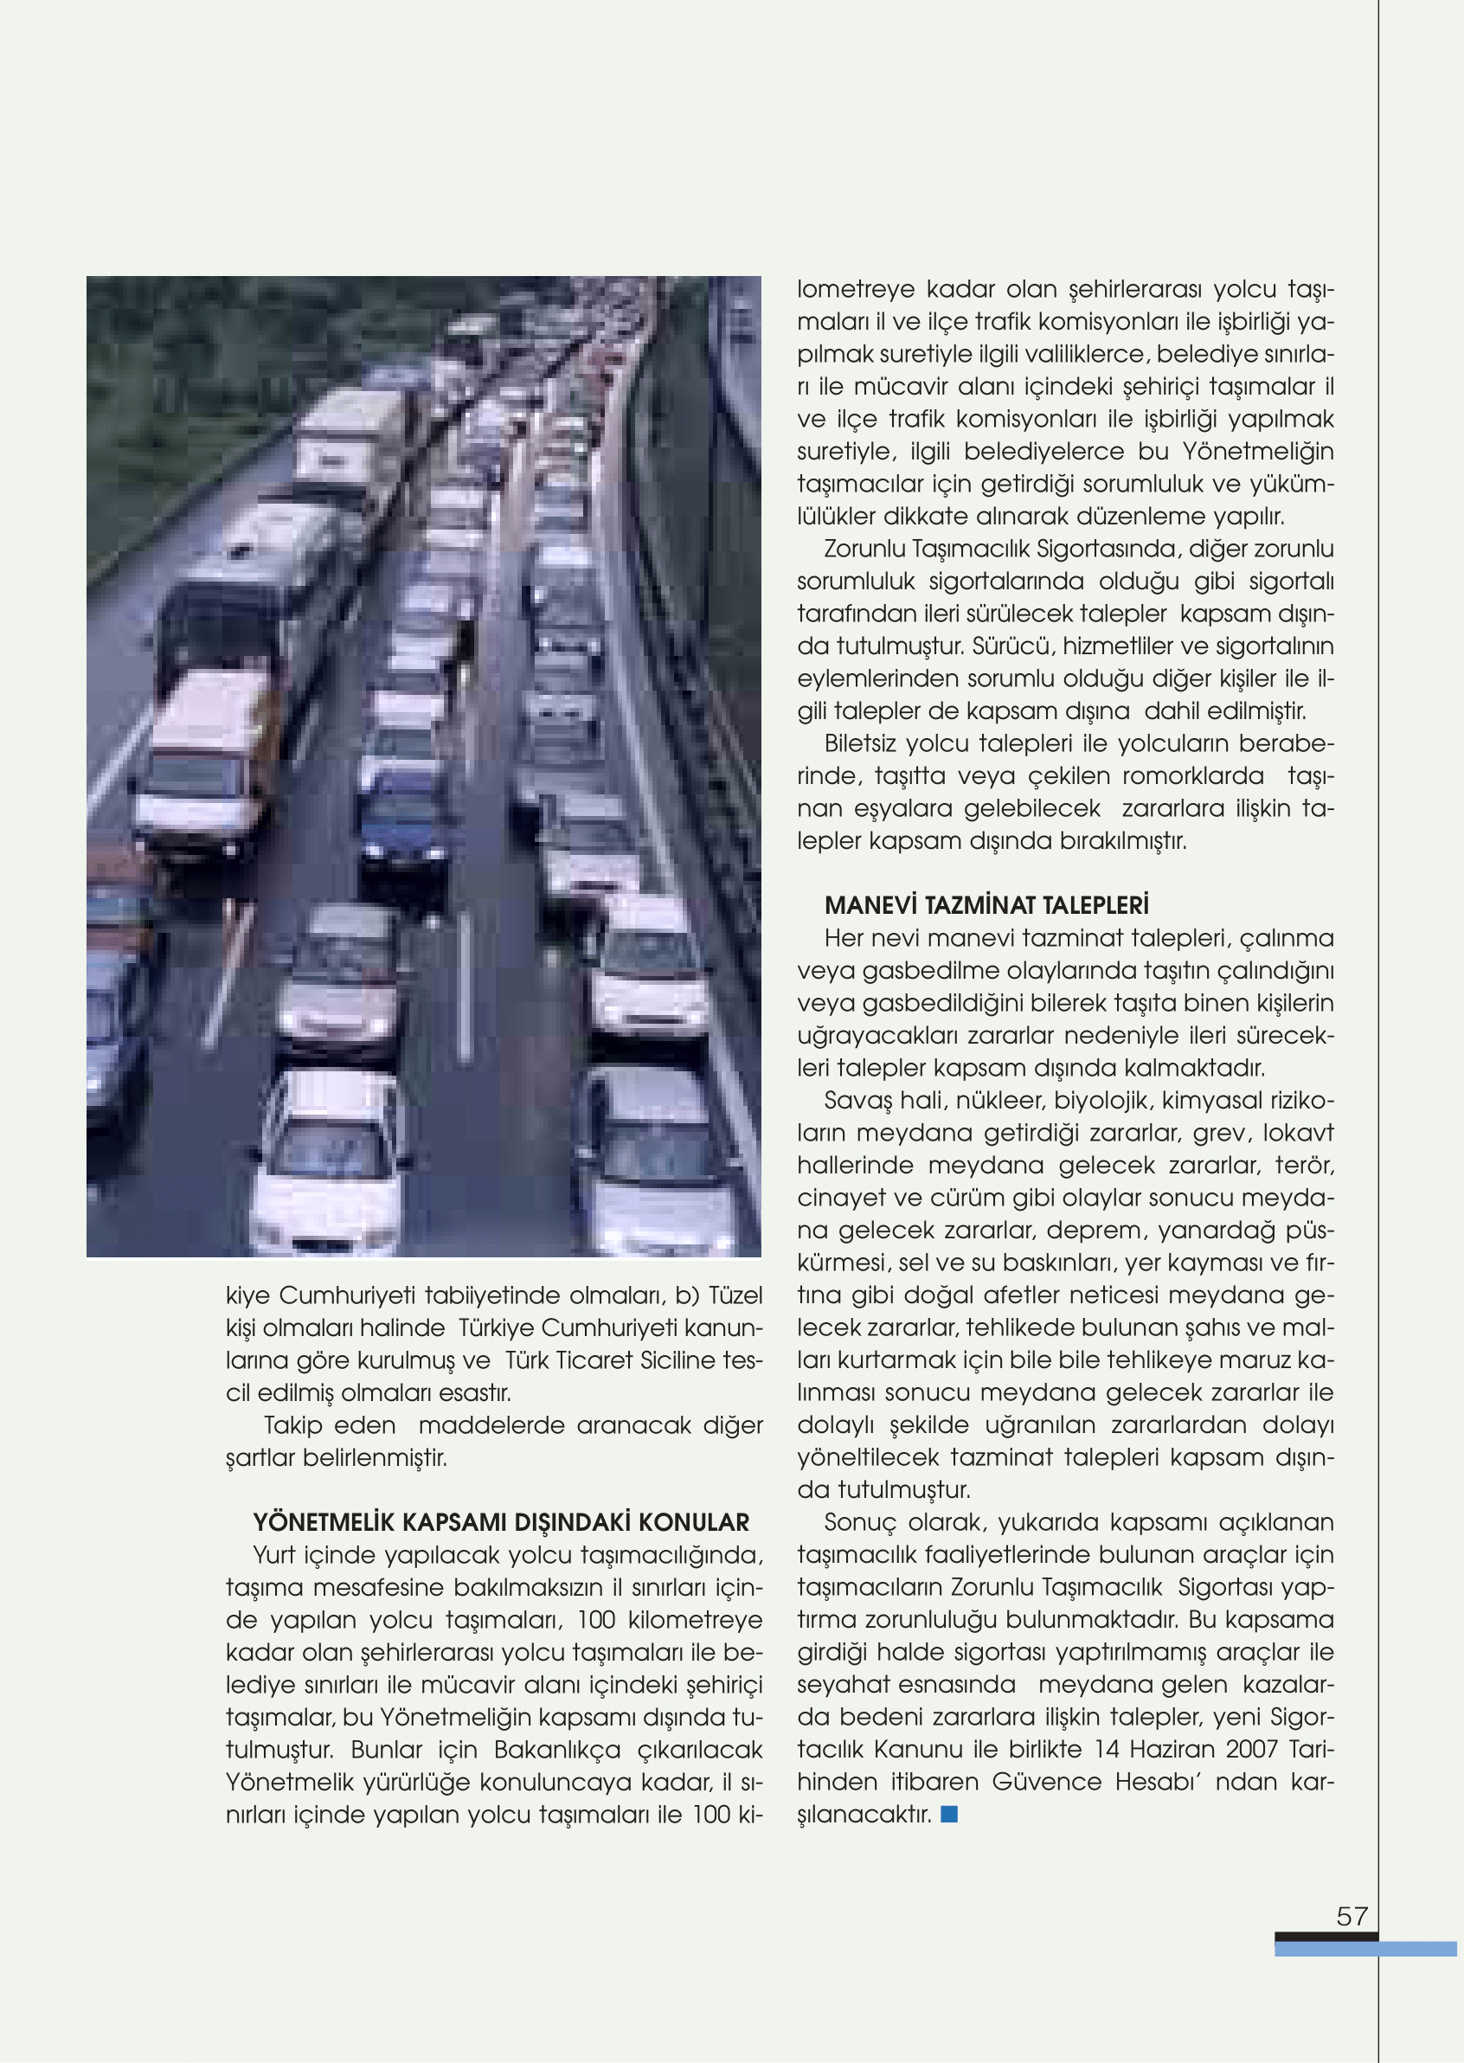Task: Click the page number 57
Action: click(x=1352, y=1915)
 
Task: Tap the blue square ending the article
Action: click(x=948, y=1813)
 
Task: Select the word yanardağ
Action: click(x=1215, y=1230)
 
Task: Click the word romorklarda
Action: click(x=1193, y=775)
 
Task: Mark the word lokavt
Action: click(x=1298, y=1133)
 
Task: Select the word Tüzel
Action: click(x=735, y=1295)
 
